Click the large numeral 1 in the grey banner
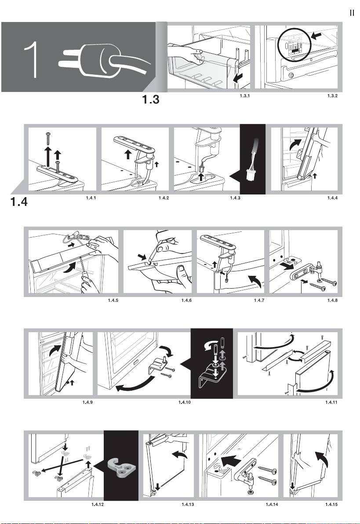(x=31, y=59)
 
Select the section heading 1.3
(x=151, y=99)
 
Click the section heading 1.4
(x=19, y=202)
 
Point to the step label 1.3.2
(x=332, y=96)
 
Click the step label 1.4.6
(x=186, y=300)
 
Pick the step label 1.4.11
(x=331, y=403)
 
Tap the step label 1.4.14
(x=272, y=505)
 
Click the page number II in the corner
(x=352, y=13)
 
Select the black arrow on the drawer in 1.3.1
(x=238, y=78)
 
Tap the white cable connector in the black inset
(x=250, y=174)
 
